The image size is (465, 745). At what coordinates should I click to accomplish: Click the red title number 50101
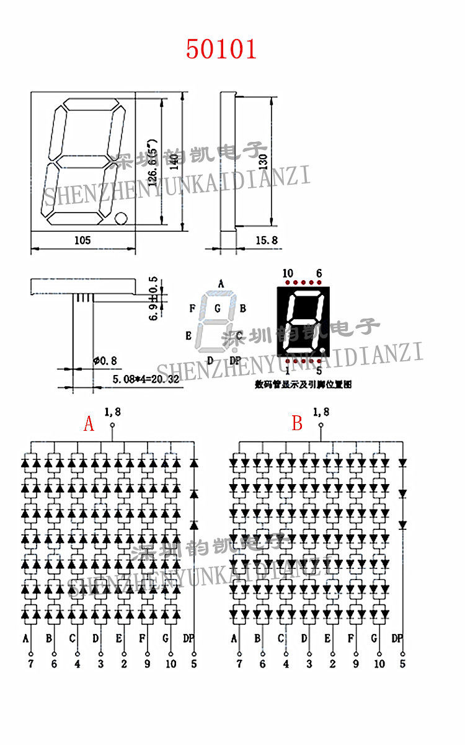pos(221,50)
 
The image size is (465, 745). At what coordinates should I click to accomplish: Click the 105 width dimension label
pos(82,240)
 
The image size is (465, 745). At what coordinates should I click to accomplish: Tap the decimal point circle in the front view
pos(121,218)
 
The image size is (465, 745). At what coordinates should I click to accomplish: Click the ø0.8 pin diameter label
pos(104,360)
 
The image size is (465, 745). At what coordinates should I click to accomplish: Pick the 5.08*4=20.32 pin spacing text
pos(146,378)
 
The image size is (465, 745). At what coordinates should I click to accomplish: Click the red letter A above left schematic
pos(89,424)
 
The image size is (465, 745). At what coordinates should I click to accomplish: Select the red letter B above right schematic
pos(298,424)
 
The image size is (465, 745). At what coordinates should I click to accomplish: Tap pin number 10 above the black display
pos(288,273)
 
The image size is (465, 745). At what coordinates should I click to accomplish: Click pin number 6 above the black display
pos(319,273)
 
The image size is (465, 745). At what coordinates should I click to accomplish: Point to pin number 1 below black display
pos(288,371)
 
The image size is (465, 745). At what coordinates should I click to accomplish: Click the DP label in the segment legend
pos(235,361)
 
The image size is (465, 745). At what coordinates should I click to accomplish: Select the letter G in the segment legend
pos(217,308)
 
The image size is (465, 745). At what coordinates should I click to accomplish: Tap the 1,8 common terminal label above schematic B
pos(321,412)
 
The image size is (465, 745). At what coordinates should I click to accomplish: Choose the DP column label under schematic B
pos(397,638)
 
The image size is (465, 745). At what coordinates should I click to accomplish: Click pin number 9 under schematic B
pos(355,664)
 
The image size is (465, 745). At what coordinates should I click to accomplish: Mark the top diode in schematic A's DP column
pos(194,462)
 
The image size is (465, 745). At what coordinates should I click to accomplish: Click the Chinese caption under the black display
pos(303,385)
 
